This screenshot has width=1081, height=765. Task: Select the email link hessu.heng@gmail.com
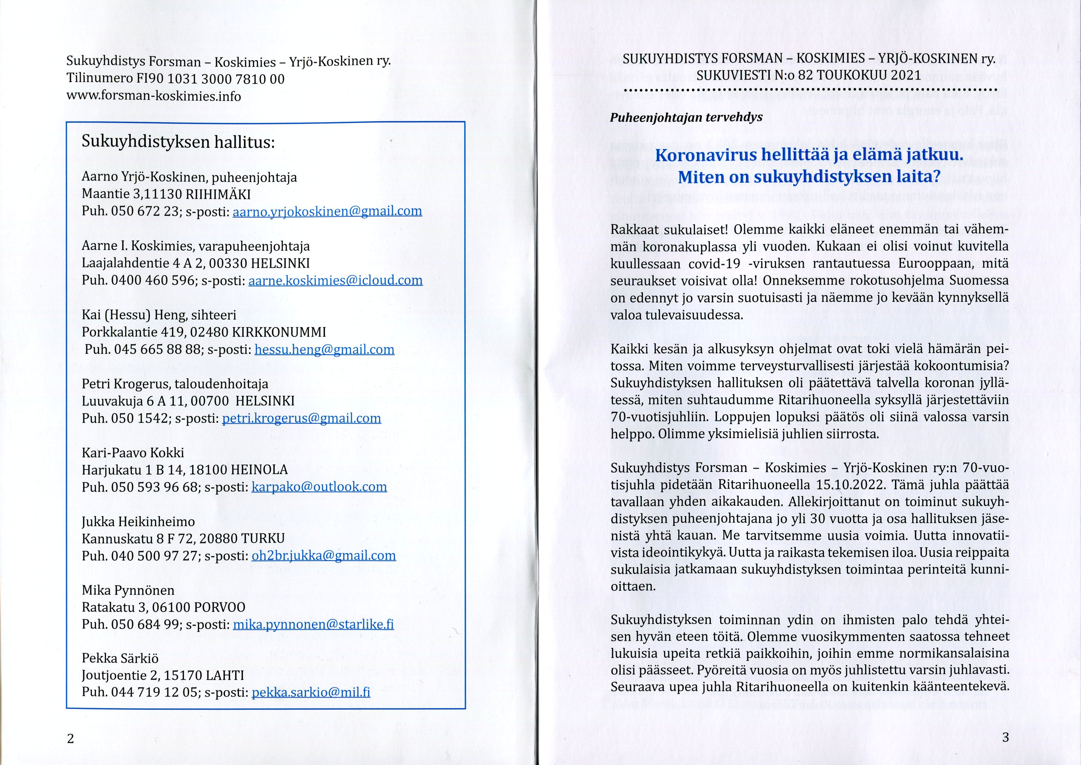324,350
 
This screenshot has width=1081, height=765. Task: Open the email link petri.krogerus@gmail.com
301,418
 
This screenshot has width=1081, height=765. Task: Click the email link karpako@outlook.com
319,487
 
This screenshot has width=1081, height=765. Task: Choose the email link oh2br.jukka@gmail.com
324,556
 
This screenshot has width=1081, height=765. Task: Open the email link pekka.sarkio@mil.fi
311,692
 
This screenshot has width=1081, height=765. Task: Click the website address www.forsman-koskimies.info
154,97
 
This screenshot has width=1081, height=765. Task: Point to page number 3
1005,737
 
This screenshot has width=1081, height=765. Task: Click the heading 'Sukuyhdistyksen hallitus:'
178,142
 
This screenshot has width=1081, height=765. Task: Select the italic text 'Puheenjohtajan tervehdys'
686,117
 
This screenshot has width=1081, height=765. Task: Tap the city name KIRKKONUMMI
279,333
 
